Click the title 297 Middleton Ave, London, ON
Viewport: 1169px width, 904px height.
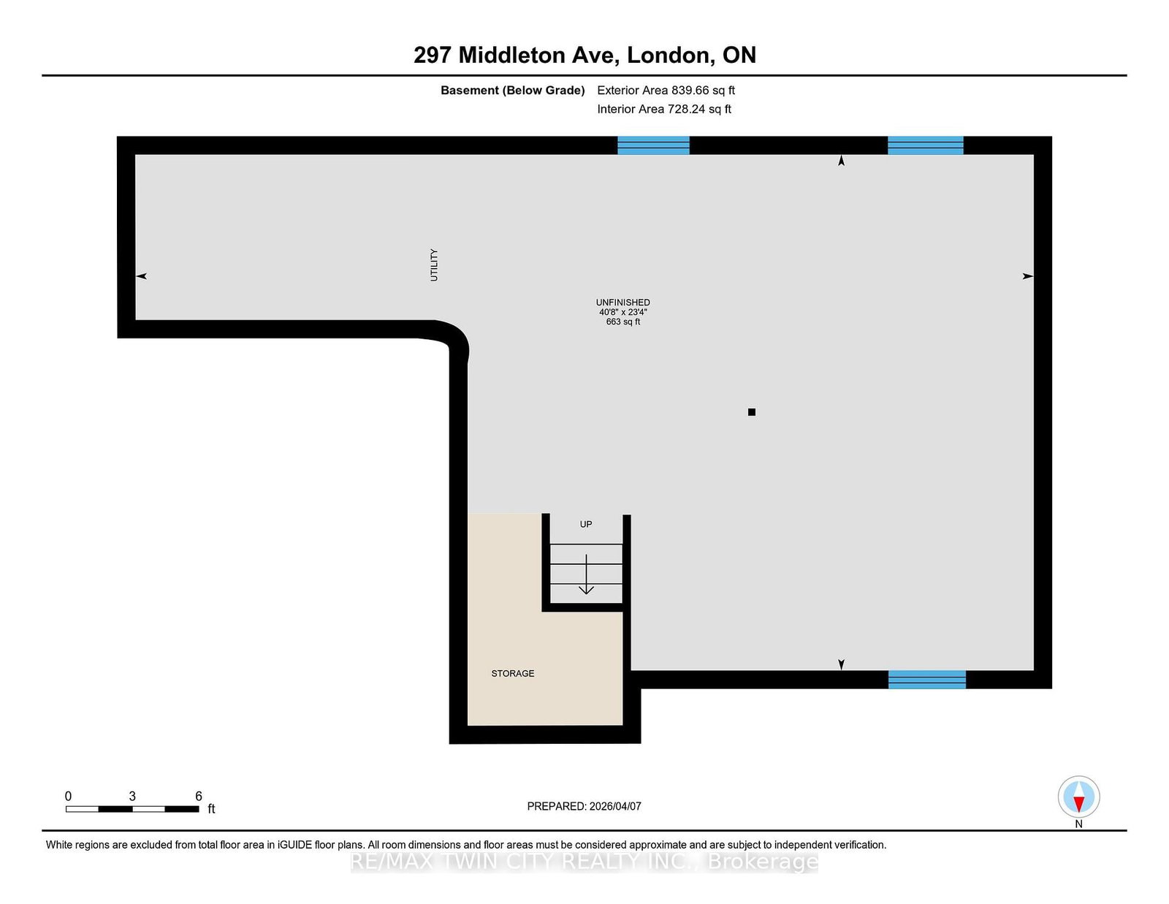[x=584, y=55]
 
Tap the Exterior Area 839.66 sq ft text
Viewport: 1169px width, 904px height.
[x=666, y=91]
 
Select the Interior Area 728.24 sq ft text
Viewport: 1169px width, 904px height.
[x=663, y=109]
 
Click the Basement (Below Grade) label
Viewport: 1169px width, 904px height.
[x=512, y=91]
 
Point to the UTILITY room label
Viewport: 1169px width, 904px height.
[x=434, y=265]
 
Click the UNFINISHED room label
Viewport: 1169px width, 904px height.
[x=622, y=303]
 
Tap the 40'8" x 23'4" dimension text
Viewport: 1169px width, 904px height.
[x=622, y=312]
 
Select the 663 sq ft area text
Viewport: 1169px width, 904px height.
[x=622, y=322]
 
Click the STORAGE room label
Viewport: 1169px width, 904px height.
[x=512, y=673]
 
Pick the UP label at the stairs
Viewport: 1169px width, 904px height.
[x=586, y=524]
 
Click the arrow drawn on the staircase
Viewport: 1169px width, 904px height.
[x=586, y=574]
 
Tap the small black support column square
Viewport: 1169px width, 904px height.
[x=751, y=412]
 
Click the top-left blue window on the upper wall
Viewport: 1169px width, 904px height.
[x=653, y=145]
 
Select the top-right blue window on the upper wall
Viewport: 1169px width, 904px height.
[x=925, y=145]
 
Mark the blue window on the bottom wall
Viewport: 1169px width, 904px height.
[x=926, y=680]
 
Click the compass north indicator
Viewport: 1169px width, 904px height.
[x=1078, y=797]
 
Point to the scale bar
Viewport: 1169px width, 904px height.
[x=132, y=809]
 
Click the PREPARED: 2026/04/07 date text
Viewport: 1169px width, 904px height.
[x=584, y=806]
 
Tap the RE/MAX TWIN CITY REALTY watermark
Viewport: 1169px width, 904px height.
[x=584, y=862]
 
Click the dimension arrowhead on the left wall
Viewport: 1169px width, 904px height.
[x=142, y=276]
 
